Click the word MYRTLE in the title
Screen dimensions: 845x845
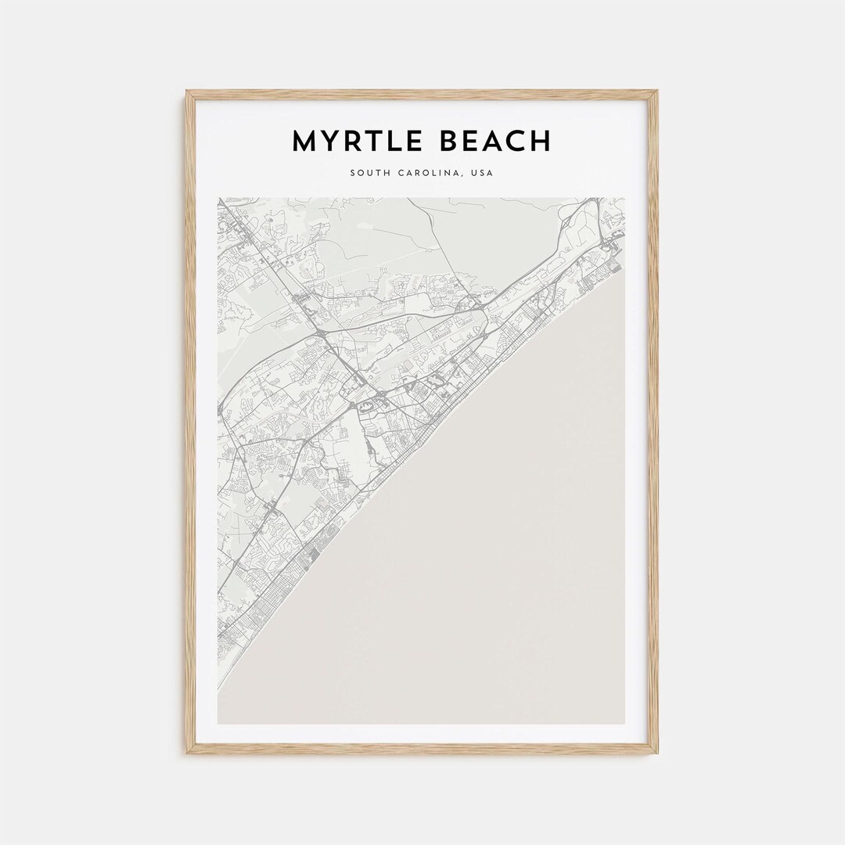(356, 142)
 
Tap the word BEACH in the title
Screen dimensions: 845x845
(495, 142)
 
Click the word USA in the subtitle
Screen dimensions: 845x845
(482, 173)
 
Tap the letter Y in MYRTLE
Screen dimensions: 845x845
(329, 142)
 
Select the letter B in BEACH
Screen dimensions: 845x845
(448, 142)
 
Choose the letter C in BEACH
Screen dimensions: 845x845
(516, 142)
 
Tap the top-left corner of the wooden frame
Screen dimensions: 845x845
(186, 92)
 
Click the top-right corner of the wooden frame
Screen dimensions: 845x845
(657, 92)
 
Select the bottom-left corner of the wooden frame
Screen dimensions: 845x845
(186, 753)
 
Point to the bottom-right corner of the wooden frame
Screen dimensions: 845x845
(657, 753)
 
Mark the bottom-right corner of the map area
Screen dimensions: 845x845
(625, 724)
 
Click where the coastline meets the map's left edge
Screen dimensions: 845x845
(218, 689)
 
